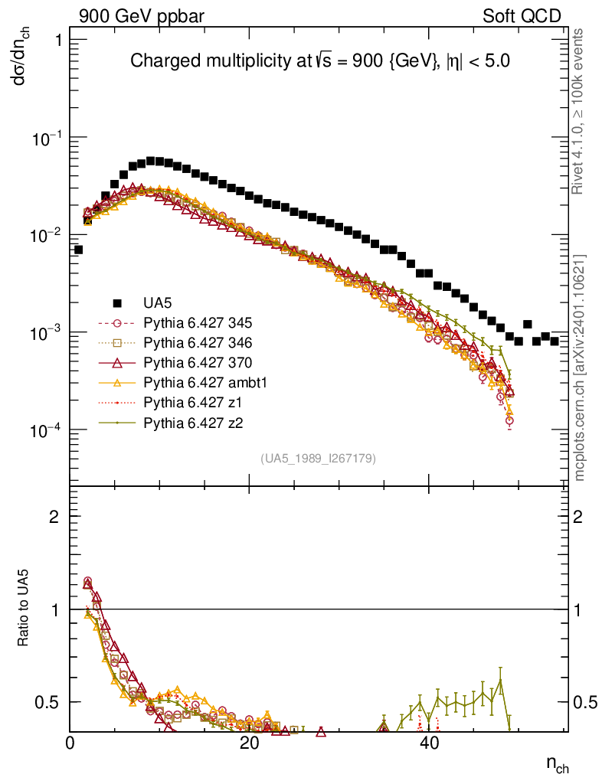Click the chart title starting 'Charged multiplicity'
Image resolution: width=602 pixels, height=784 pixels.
coord(319,61)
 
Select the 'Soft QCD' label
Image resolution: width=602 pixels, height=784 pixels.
coord(522,17)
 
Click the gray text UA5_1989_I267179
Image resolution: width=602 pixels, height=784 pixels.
coord(318,458)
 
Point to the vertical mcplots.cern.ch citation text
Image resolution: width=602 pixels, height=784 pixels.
coord(580,367)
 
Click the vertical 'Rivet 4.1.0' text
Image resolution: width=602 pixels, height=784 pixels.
coord(580,119)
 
